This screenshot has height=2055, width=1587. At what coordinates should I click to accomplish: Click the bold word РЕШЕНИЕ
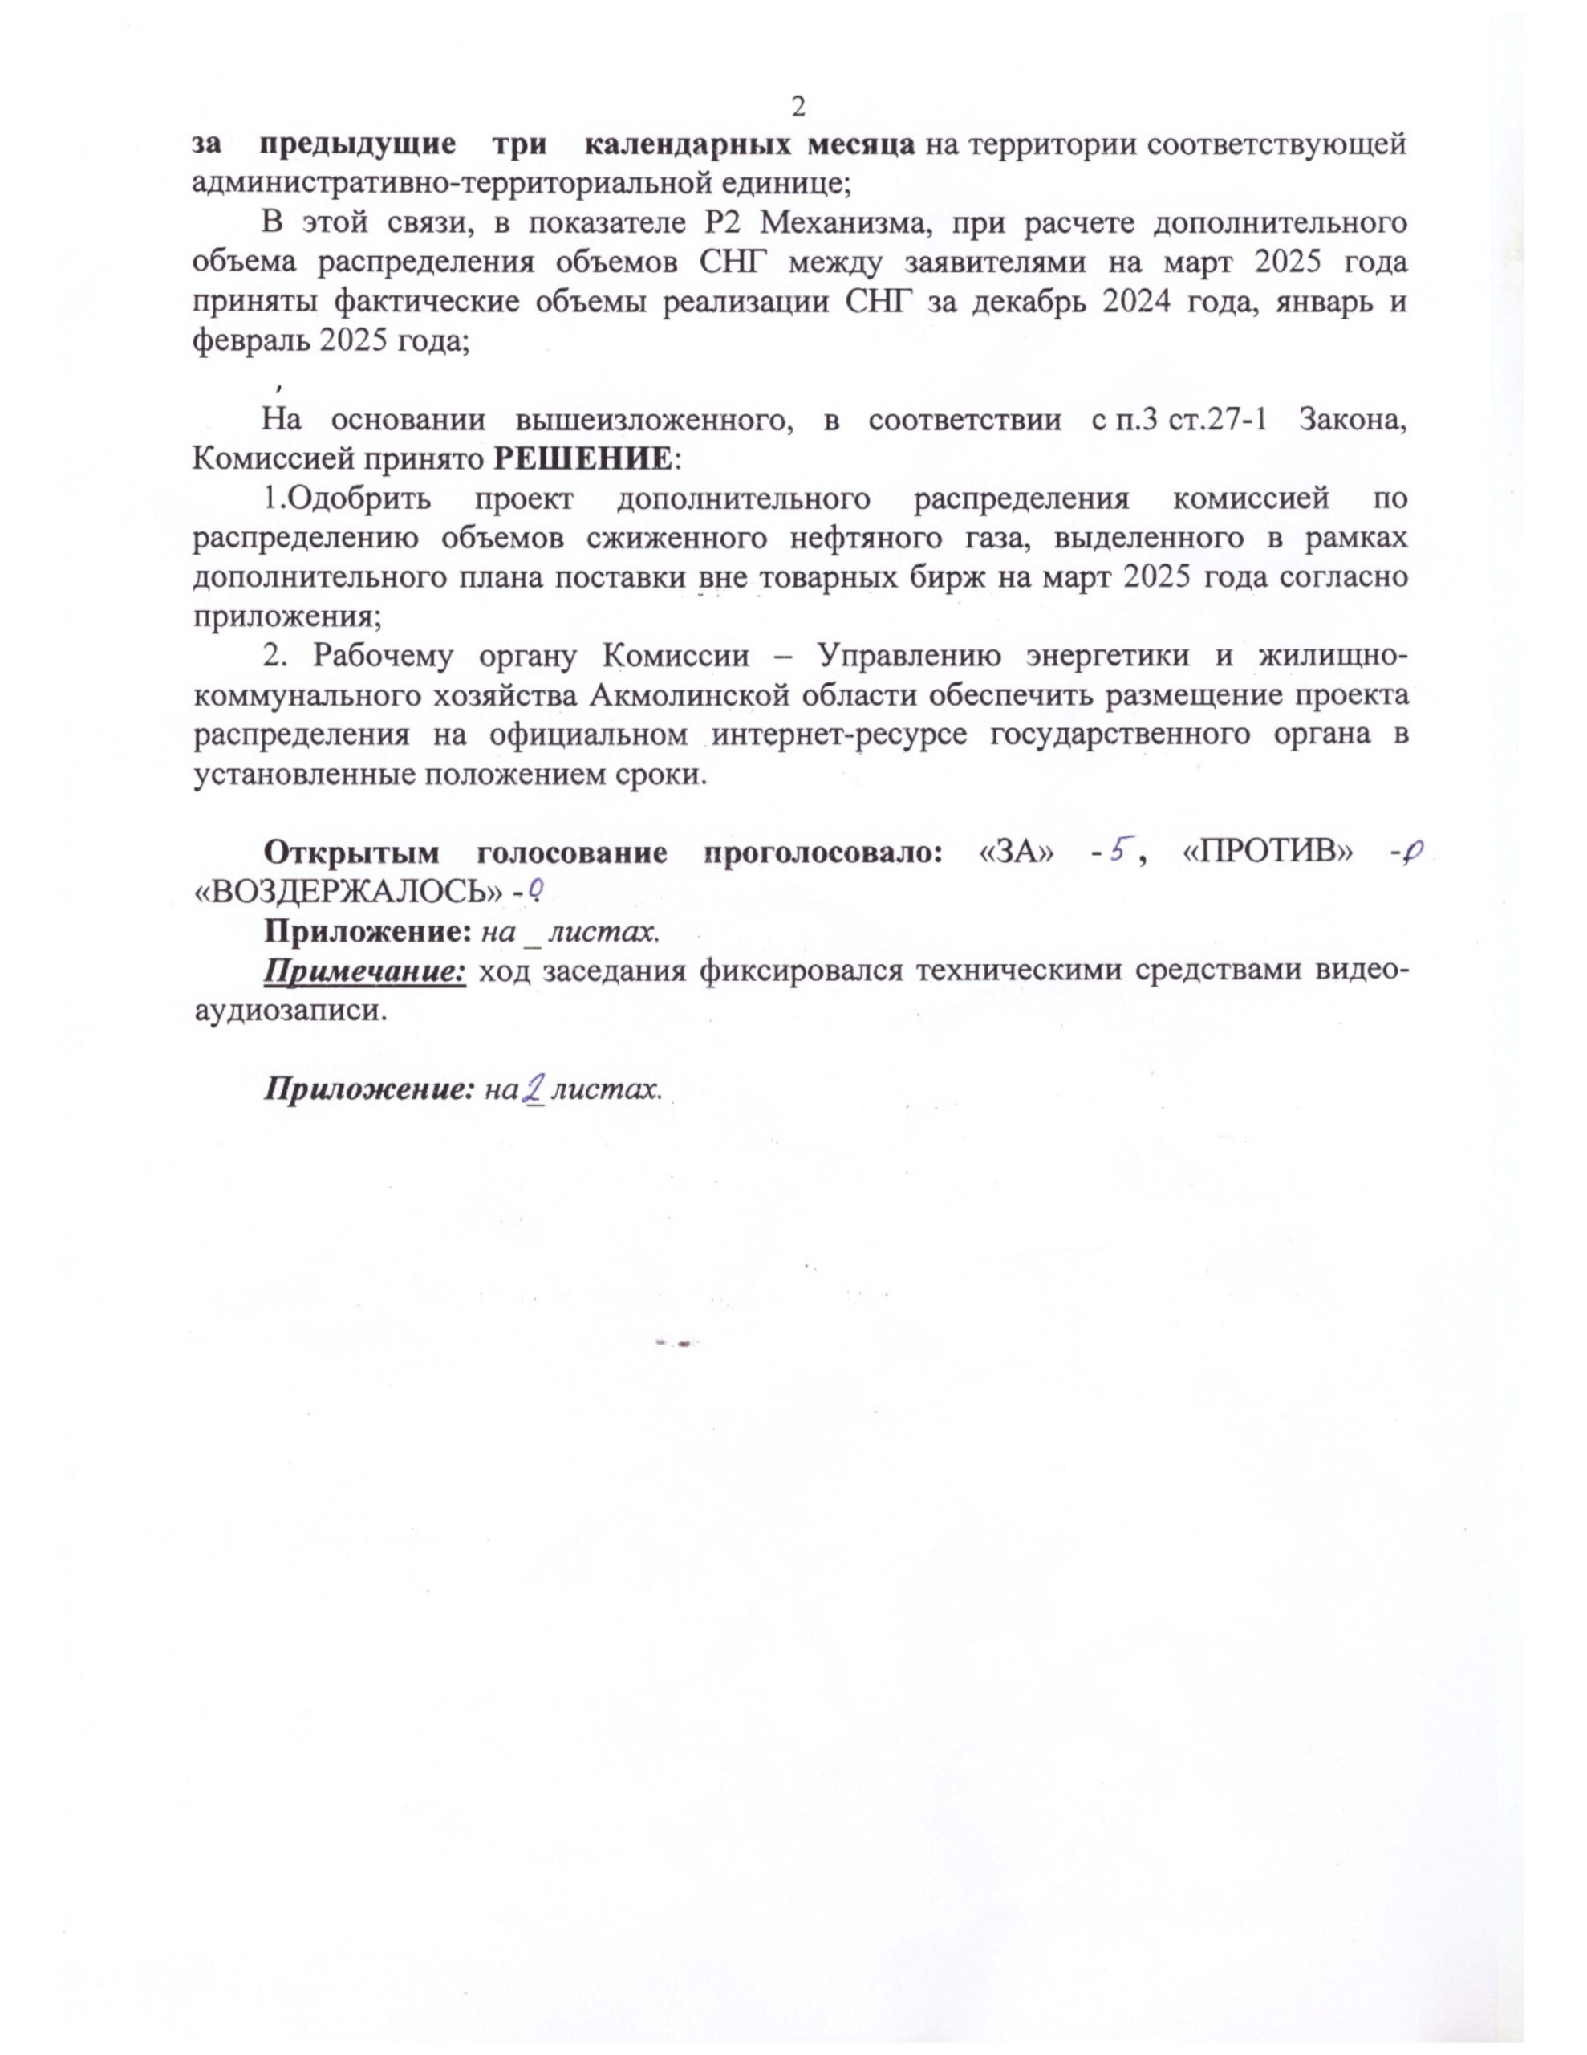583,459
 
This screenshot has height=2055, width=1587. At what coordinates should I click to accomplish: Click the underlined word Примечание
365,971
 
